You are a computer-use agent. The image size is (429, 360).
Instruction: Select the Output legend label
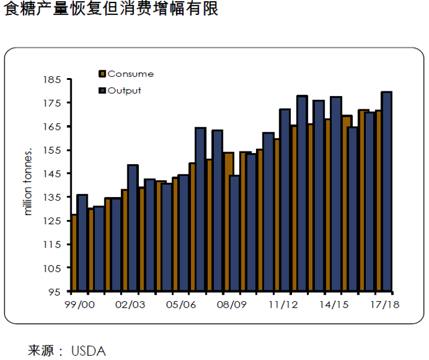click(124, 90)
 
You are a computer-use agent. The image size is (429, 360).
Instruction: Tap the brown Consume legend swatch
click(102, 74)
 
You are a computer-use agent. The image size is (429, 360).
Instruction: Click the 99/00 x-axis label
click(80, 305)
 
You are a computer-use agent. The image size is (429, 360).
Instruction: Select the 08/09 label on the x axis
click(231, 305)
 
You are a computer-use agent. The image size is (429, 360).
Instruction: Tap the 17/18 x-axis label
click(385, 305)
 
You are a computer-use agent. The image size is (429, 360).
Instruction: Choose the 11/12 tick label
click(282, 305)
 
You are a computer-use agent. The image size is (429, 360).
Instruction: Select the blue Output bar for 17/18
click(387, 192)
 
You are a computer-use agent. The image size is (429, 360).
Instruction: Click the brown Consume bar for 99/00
click(74, 252)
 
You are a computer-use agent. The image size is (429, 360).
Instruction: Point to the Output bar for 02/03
click(133, 228)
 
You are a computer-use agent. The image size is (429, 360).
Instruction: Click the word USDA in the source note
click(88, 350)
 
